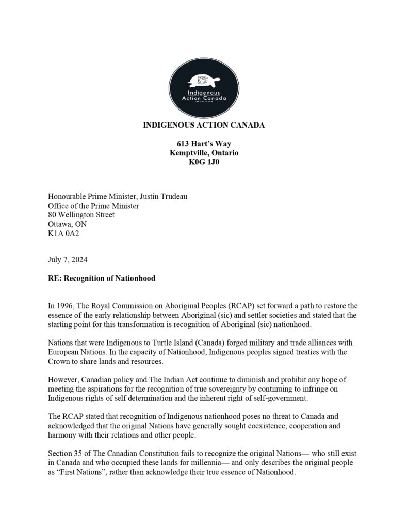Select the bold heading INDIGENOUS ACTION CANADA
[204, 126]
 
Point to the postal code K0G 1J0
[204, 162]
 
